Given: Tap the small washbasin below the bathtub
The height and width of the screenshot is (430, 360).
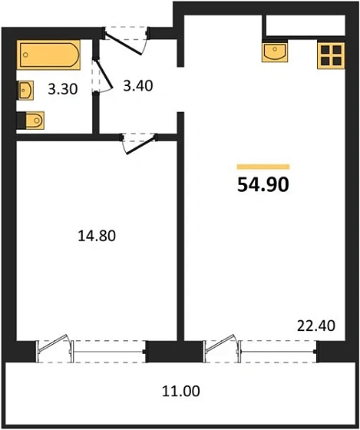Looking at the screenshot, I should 25,90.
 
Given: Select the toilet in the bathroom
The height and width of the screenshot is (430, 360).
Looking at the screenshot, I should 32,121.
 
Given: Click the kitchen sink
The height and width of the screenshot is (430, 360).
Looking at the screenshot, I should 274,52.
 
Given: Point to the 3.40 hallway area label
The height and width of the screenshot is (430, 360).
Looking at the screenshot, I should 138,85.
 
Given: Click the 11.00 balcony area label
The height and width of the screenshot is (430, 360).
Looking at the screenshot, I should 182,391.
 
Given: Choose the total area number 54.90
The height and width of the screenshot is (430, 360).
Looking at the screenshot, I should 263,184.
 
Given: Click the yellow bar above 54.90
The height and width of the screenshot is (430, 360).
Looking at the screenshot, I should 263,166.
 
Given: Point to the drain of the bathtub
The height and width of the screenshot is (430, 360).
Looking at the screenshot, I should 28,55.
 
